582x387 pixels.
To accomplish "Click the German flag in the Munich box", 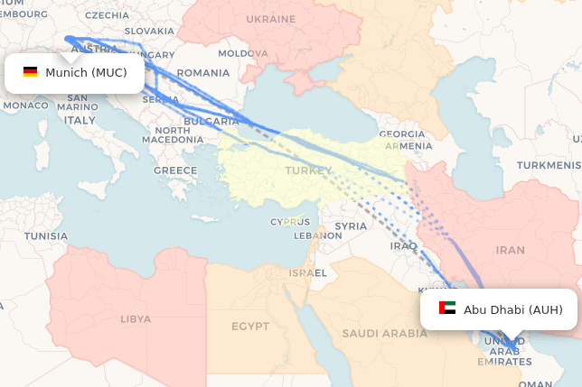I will tap(30, 72).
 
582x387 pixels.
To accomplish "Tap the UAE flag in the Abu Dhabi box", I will tap(447, 309).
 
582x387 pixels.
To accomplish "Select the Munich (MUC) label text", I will tap(86, 72).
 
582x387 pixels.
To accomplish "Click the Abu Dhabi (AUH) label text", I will tap(512, 309).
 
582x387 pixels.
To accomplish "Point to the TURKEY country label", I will tap(302, 170).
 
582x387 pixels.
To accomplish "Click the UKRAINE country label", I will tap(271, 19).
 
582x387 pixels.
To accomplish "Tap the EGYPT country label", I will tap(250, 326).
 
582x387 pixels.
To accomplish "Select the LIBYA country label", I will tap(136, 318).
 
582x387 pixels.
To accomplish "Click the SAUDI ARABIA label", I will tap(383, 333).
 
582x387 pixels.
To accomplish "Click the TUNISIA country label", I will tap(45, 236).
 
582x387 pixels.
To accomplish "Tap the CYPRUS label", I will tap(289, 222).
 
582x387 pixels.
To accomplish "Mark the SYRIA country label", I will tap(351, 226).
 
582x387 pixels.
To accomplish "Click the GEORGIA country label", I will tap(401, 134).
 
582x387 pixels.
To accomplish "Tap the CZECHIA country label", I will tap(106, 15).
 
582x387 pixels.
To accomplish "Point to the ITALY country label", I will tap(80, 120).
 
